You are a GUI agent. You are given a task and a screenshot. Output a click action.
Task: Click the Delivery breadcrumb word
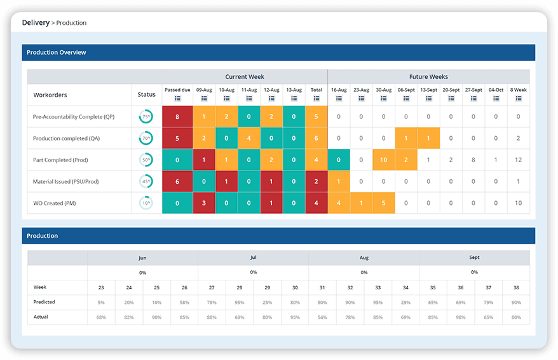pos(36,23)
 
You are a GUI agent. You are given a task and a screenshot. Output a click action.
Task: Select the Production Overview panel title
pos(57,52)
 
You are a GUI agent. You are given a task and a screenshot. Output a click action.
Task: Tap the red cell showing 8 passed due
pos(177,116)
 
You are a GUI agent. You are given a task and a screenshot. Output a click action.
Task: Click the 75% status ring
pos(146,117)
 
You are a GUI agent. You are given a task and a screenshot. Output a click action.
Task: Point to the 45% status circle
pos(146,182)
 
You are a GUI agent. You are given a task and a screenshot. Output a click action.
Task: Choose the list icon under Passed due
pos(177,98)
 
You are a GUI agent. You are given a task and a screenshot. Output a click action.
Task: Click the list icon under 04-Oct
pos(496,98)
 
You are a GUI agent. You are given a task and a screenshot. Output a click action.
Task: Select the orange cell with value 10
pos(383,160)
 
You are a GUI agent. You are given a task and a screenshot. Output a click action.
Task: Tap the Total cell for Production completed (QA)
pos(316,138)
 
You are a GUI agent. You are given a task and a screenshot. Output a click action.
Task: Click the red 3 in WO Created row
pos(203,203)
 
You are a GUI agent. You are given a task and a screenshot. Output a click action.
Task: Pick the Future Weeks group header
pos(428,76)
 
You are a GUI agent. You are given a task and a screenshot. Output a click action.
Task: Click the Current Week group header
pos(245,76)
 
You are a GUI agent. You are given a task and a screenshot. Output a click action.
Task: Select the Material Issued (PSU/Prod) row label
pos(66,182)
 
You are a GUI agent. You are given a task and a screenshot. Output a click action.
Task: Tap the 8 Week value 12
pos(519,160)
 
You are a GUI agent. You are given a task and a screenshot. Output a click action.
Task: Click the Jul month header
pos(253,258)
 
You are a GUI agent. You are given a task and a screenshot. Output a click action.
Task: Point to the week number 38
pos(515,287)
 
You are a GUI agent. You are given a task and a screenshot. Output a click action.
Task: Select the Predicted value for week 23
pos(101,302)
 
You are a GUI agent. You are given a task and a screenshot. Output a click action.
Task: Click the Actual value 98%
pos(460,317)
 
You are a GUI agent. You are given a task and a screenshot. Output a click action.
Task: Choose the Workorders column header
pos(50,95)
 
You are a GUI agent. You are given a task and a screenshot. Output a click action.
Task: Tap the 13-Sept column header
pos(428,90)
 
